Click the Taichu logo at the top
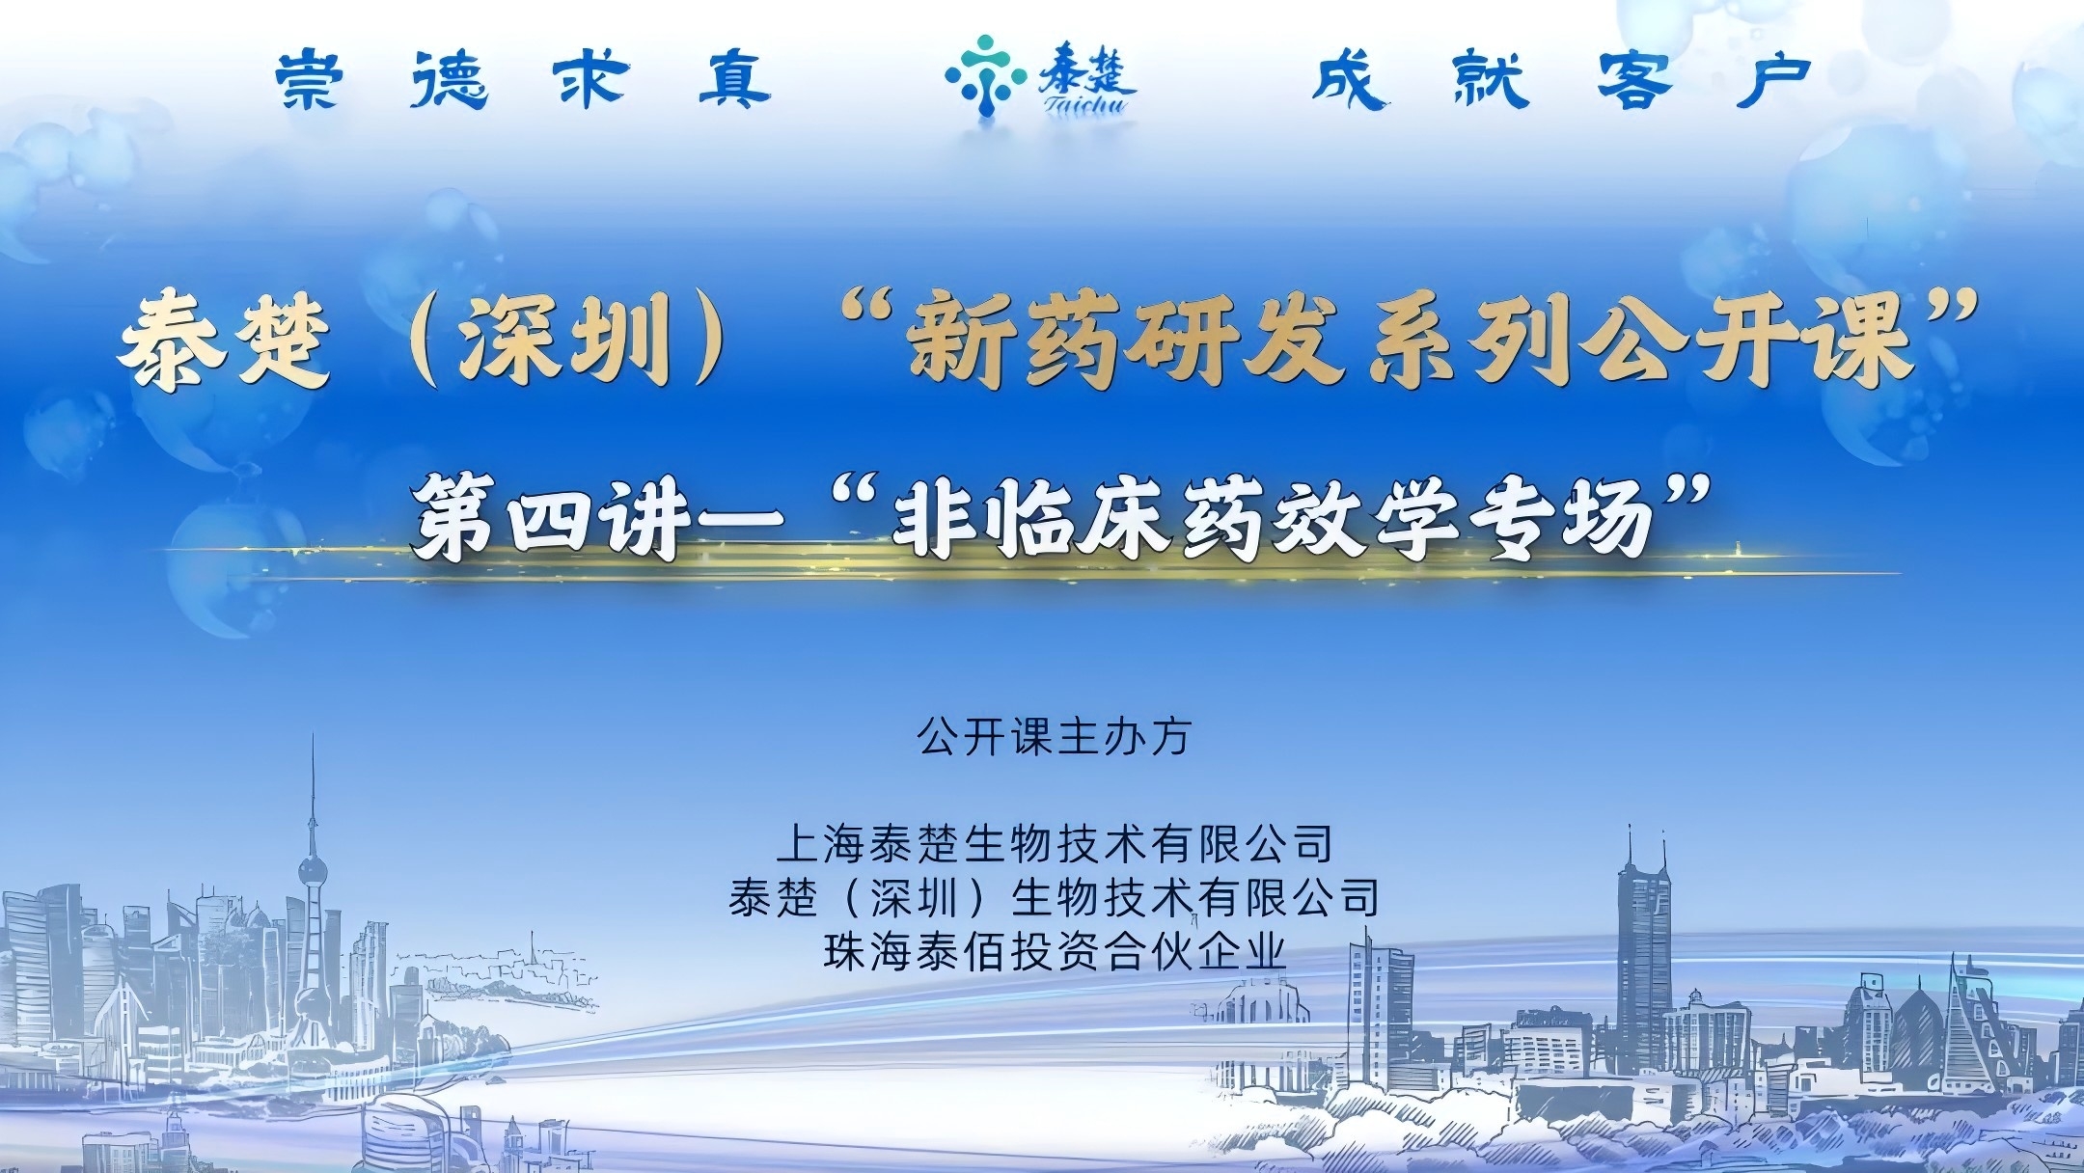[1040, 76]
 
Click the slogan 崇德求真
[523, 80]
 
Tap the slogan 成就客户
[1561, 80]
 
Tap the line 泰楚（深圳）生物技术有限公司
[1054, 898]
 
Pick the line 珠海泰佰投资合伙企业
[1056, 951]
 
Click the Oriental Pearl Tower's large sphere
[312, 872]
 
